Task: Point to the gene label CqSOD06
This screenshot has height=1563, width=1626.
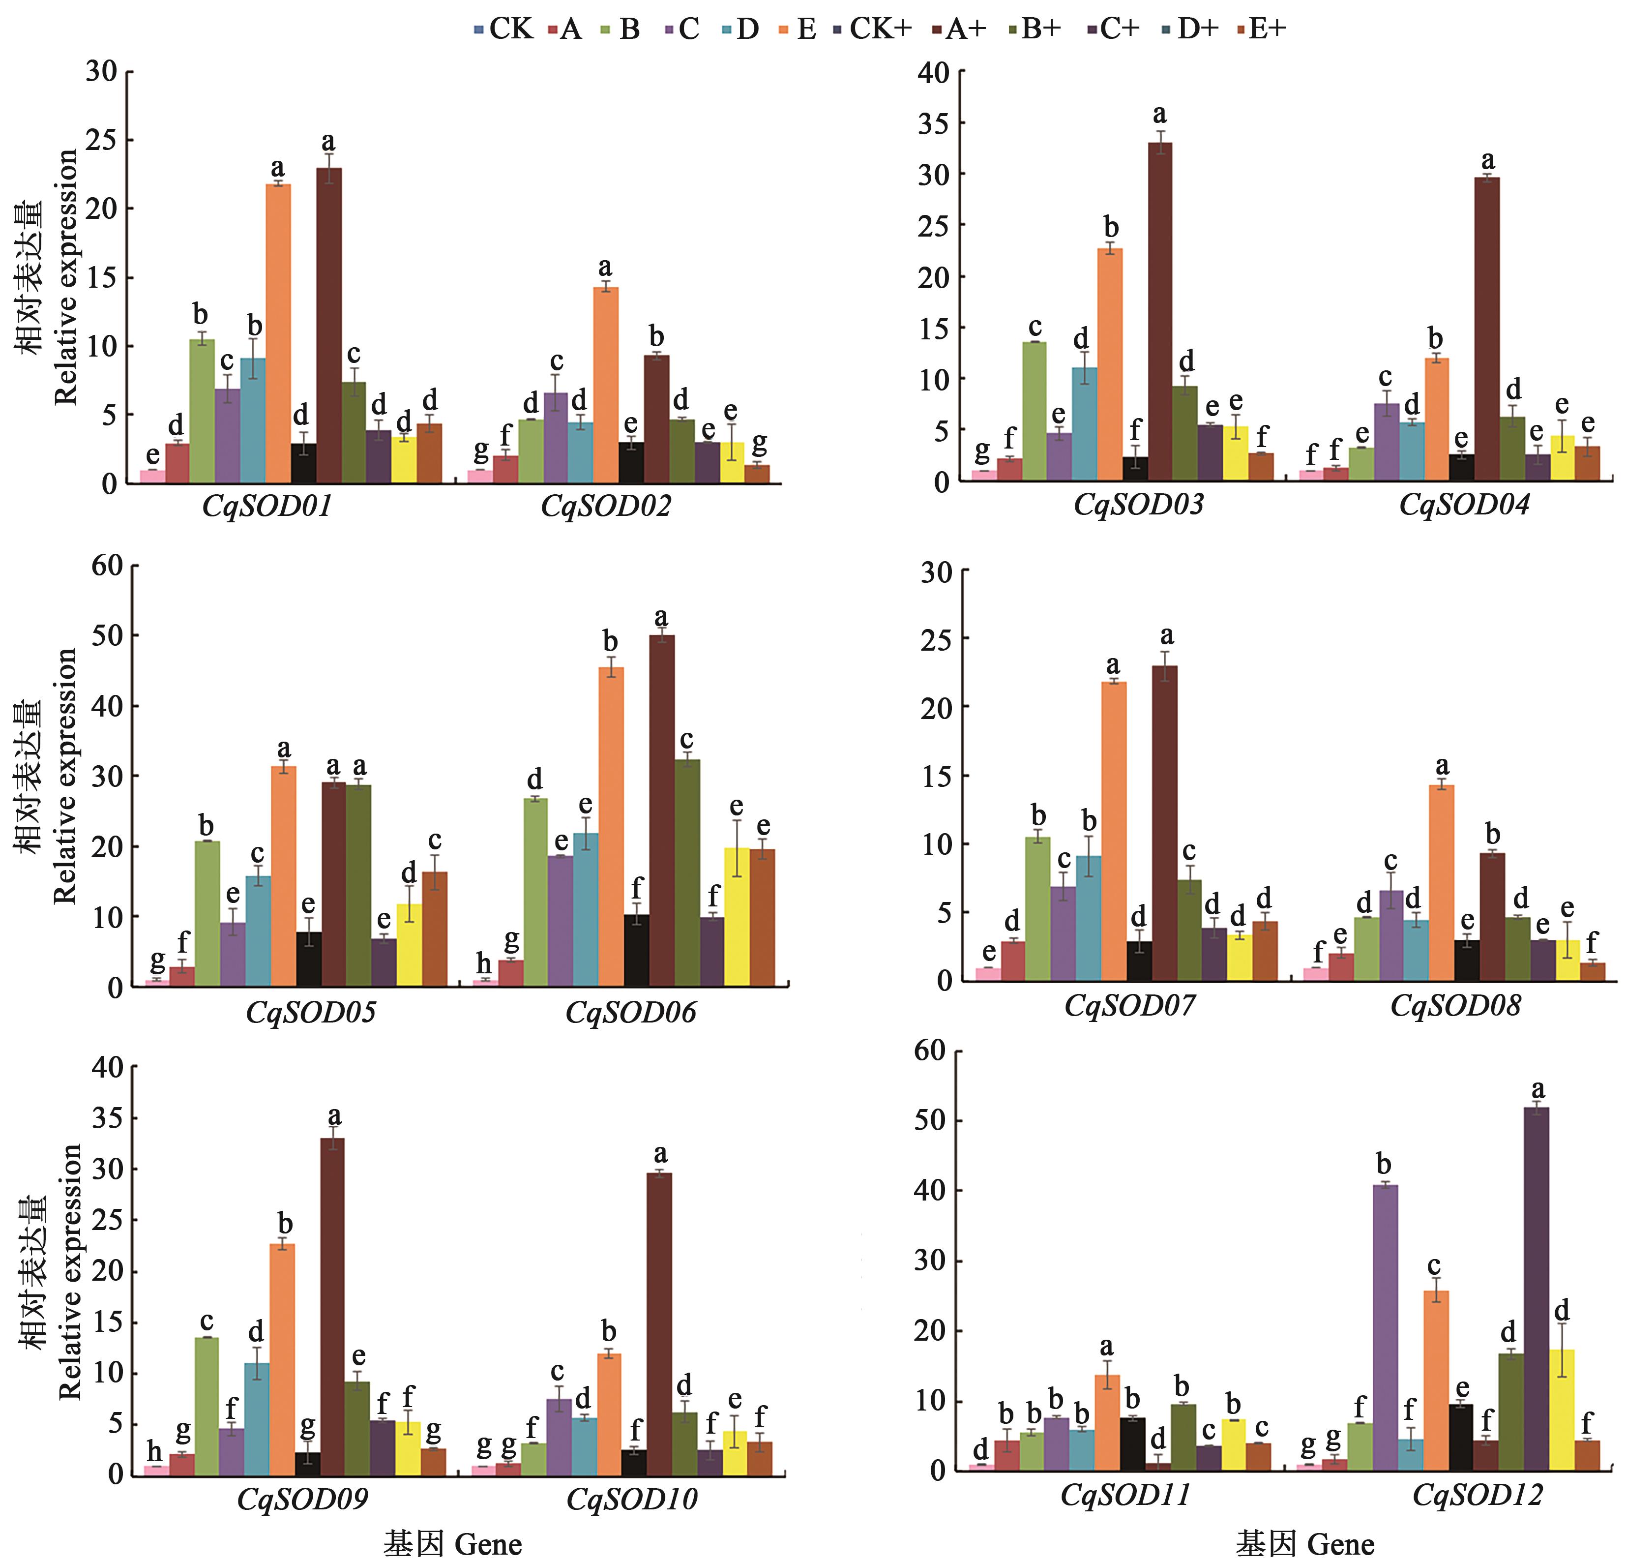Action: (x=630, y=1012)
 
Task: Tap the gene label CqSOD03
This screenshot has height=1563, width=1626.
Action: (x=1138, y=505)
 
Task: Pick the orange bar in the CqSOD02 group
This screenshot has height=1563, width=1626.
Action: (x=606, y=385)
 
